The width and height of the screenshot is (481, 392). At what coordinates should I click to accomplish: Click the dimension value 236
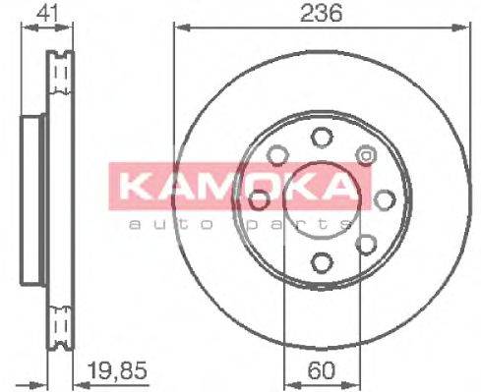tap(316, 14)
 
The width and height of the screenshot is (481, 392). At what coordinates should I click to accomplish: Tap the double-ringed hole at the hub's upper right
tap(365, 155)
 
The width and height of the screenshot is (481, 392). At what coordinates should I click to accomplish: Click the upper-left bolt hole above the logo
tap(276, 154)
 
